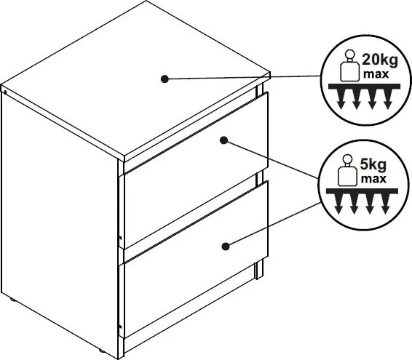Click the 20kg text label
[x=380, y=60]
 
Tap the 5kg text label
[x=373, y=165]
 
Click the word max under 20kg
[x=376, y=74]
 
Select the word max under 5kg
[x=373, y=179]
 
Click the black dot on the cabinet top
[x=165, y=79]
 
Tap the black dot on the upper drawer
[x=224, y=140]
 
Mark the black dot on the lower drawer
[x=226, y=247]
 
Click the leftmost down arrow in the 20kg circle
[x=341, y=99]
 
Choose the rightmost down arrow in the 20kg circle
[x=388, y=99]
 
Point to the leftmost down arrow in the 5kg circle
[x=338, y=204]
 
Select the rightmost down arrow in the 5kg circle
[x=386, y=204]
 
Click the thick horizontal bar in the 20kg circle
[x=365, y=87]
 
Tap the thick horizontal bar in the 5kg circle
[x=362, y=191]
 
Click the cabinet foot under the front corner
[x=101, y=351]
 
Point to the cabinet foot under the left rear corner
[x=12, y=300]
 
